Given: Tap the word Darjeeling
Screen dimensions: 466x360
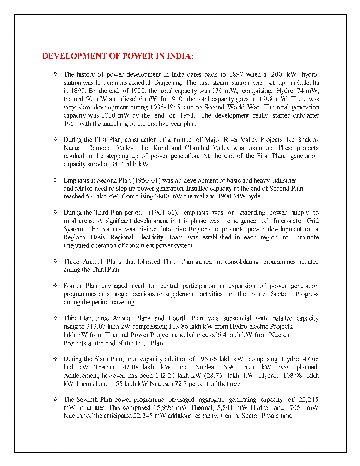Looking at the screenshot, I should (x=168, y=83).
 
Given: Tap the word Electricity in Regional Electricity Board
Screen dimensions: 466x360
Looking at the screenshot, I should (x=150, y=237).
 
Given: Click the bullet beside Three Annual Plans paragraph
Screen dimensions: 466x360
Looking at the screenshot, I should (x=55, y=262).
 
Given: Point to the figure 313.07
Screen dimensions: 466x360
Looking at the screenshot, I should (x=96, y=327).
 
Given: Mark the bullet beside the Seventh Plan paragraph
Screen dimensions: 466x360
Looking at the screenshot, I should (x=55, y=399).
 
